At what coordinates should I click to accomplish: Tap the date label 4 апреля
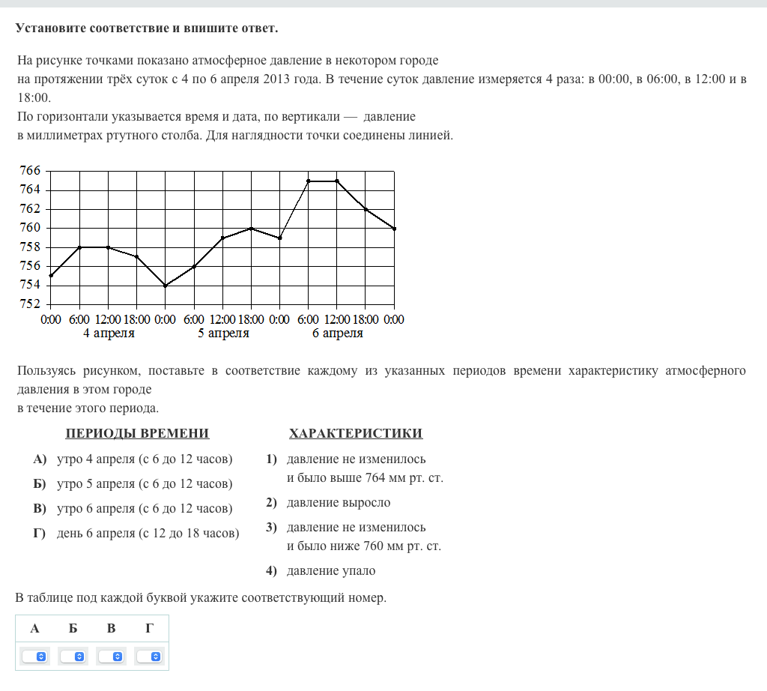point(109,334)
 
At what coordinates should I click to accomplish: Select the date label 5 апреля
point(223,334)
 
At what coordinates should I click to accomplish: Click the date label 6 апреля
point(337,334)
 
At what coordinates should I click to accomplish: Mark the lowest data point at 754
point(166,286)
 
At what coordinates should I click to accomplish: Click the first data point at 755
point(51,276)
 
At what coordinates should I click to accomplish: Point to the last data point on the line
point(394,229)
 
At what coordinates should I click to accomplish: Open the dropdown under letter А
point(35,657)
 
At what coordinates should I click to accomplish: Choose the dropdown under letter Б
point(73,657)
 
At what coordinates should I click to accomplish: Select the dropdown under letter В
point(112,657)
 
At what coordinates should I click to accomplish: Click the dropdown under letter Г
point(150,657)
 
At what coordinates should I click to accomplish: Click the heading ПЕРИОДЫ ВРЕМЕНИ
point(137,433)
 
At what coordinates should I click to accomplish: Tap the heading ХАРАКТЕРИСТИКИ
point(356,433)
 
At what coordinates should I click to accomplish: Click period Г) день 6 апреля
point(148,534)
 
